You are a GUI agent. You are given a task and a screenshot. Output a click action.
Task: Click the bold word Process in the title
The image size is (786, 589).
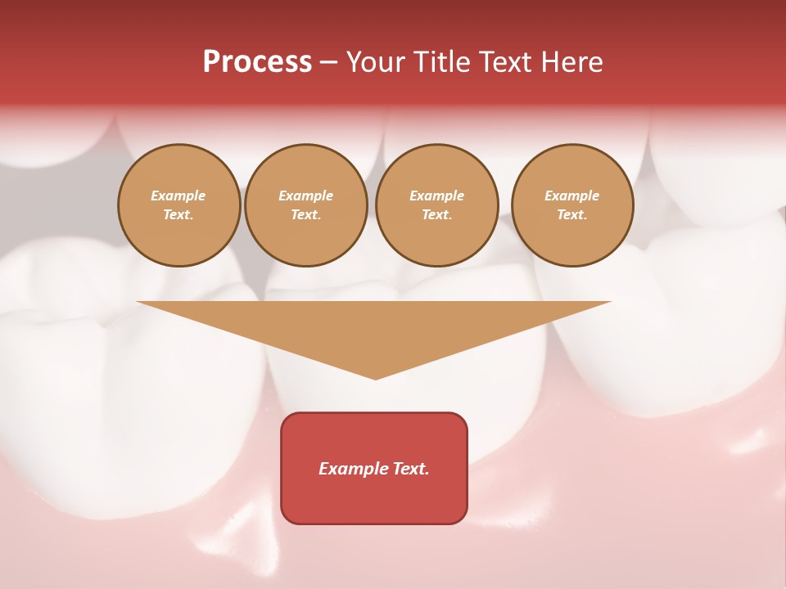coord(257,62)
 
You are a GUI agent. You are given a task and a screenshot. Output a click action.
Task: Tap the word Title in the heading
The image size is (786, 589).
coord(443,62)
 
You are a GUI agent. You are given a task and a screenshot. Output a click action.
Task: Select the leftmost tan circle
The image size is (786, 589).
coord(178,205)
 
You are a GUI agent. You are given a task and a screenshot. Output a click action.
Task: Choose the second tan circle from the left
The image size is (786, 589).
coord(306,205)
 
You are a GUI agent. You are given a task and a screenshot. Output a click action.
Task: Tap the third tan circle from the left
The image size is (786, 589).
coord(436,205)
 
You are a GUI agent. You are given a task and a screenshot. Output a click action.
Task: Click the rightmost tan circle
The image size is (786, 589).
coord(572,205)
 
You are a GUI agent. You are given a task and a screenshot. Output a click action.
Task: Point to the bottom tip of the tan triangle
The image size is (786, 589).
coord(375,377)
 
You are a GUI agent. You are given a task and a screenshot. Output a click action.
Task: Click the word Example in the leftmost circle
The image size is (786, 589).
coord(178,196)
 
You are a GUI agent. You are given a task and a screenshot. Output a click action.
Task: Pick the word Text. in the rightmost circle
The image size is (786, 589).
coord(572,215)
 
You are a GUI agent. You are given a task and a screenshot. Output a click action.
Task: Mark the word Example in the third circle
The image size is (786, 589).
coord(436,196)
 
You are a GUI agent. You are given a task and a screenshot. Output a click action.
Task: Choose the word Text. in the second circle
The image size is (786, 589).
coord(306,215)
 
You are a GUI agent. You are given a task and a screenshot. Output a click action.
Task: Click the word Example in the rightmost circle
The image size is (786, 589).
coord(572,196)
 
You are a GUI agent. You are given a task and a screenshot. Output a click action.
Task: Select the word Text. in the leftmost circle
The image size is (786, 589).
coord(178,215)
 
